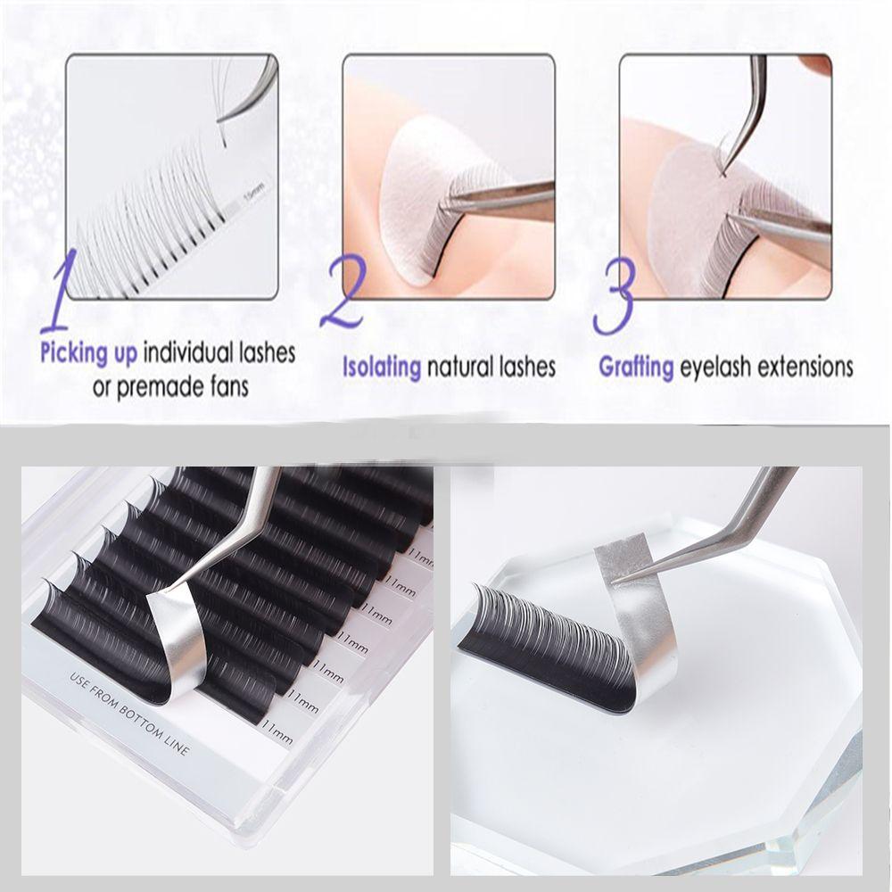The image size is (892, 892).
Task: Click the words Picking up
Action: (x=88, y=352)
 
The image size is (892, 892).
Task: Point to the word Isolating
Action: (x=382, y=367)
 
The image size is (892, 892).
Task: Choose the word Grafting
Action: (x=636, y=367)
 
